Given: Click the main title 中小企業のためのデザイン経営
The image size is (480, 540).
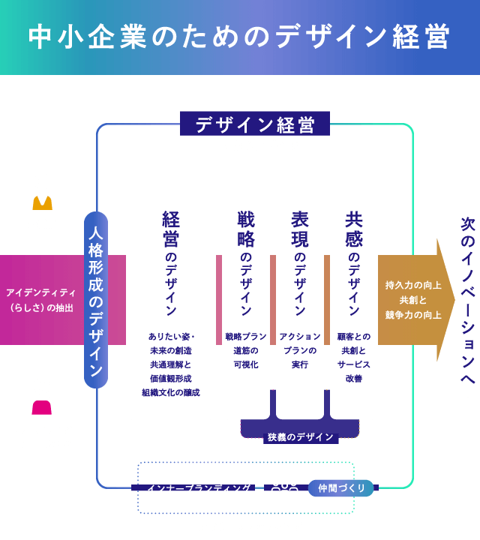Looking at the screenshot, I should click(239, 37).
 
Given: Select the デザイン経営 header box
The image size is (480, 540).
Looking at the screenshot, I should click(255, 124).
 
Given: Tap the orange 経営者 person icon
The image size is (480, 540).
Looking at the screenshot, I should click(42, 193).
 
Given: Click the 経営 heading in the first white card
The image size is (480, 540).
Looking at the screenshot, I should click(171, 229).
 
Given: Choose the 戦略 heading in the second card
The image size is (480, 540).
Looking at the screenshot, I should click(245, 229).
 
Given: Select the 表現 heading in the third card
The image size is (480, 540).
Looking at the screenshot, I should click(299, 229).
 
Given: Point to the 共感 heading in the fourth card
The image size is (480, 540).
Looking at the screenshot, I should click(353, 229).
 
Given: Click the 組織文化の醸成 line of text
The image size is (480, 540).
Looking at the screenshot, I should click(171, 392).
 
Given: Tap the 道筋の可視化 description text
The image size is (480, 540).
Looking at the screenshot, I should click(245, 357).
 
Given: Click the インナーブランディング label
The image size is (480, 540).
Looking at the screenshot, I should click(199, 488).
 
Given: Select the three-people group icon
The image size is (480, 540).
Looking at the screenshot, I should click(284, 488).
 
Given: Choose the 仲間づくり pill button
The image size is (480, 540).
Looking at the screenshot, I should click(341, 488).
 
